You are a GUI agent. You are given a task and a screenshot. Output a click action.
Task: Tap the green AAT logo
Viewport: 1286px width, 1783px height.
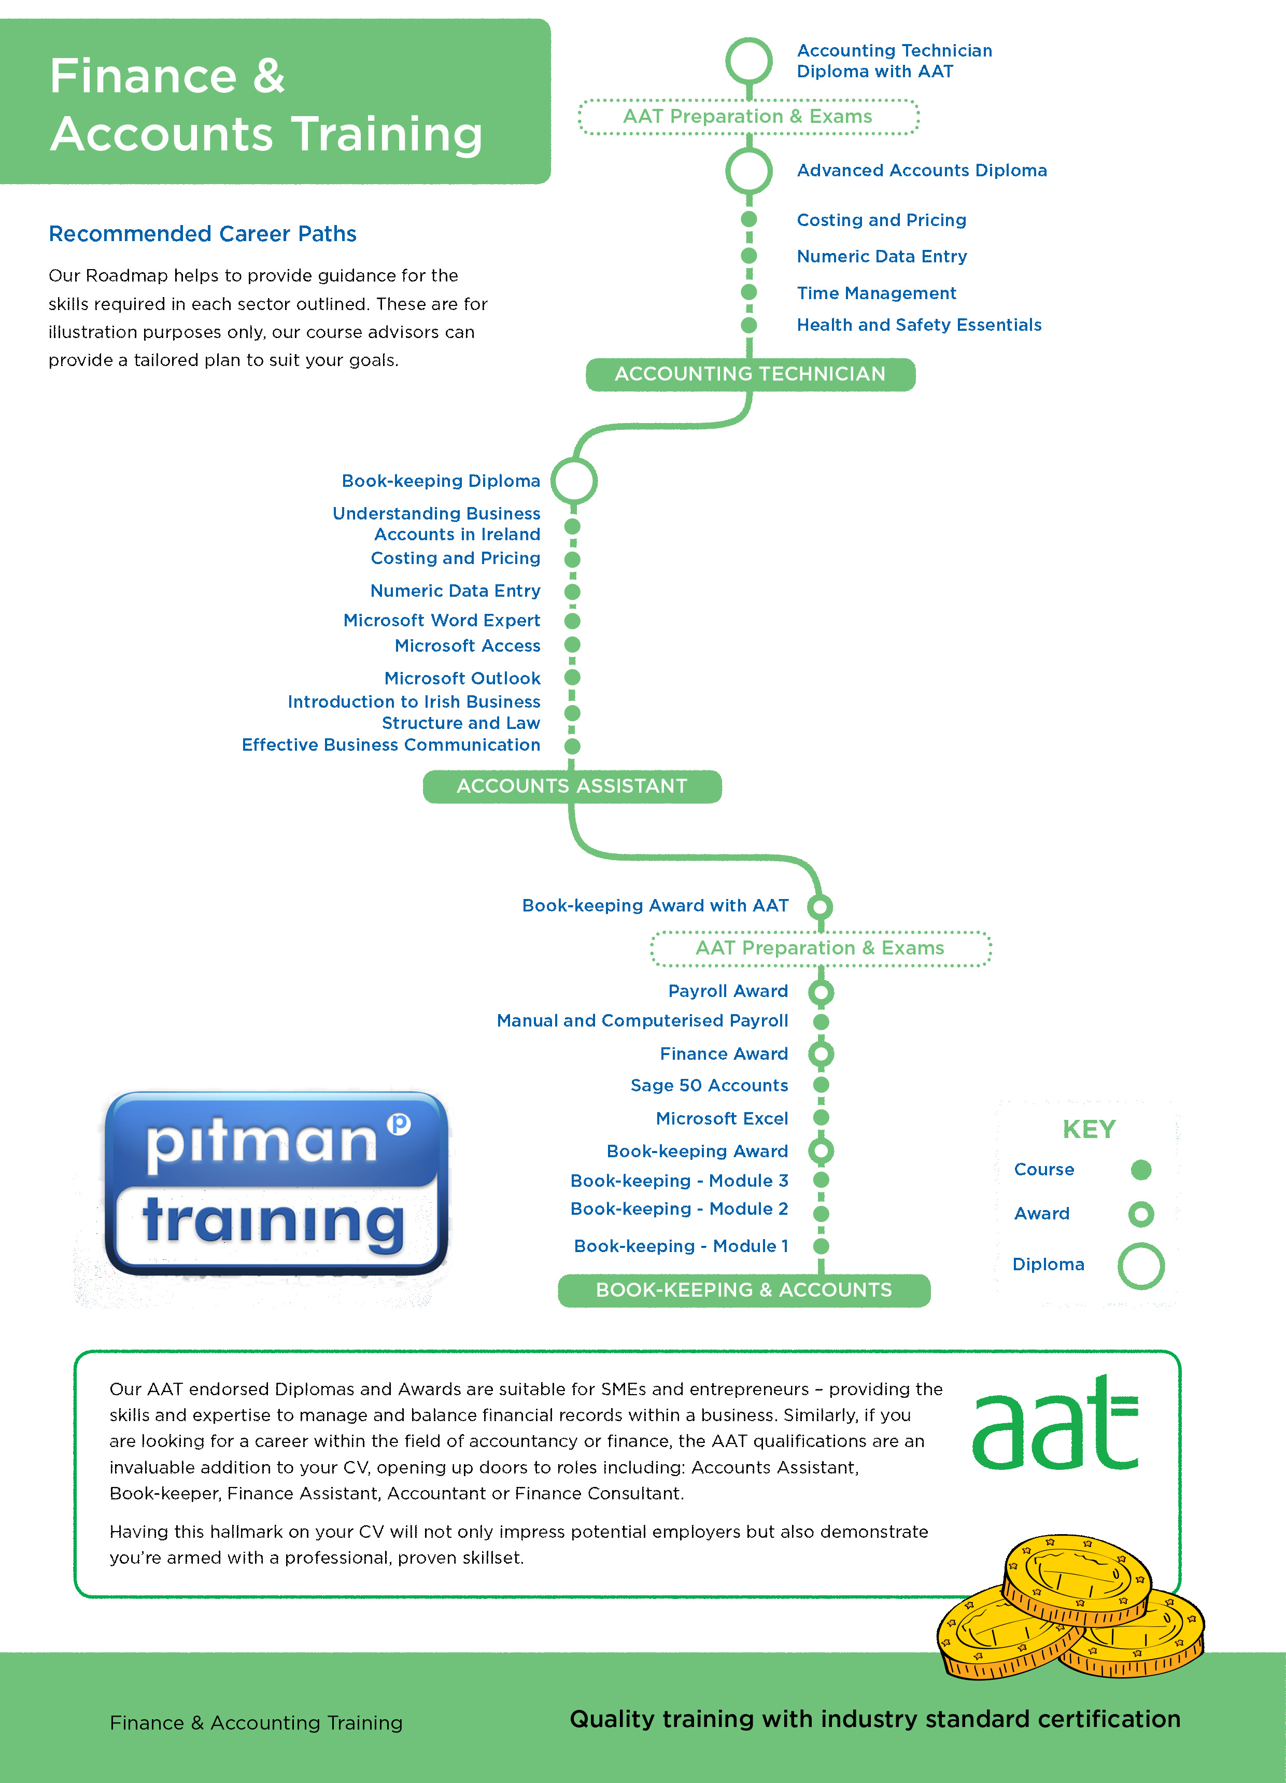1055,1423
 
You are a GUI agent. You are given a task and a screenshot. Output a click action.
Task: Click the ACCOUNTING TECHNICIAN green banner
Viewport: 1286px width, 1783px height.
750,374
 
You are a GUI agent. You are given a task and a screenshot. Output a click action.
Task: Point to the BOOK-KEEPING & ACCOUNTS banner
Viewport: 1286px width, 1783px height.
744,1290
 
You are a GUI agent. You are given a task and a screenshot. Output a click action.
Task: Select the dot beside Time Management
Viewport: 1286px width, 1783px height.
749,292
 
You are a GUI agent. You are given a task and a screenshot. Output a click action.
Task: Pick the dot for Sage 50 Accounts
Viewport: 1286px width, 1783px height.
821,1085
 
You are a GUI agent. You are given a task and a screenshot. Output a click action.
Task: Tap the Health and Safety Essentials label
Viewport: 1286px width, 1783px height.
919,325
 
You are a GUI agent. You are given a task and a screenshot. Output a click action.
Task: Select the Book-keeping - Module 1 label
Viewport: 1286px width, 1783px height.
681,1246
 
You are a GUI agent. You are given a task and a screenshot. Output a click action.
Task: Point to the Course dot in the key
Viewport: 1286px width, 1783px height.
1140,1170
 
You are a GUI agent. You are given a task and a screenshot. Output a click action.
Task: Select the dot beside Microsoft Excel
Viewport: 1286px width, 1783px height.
821,1118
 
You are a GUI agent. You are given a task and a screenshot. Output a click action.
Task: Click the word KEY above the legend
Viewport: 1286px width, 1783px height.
1089,1129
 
